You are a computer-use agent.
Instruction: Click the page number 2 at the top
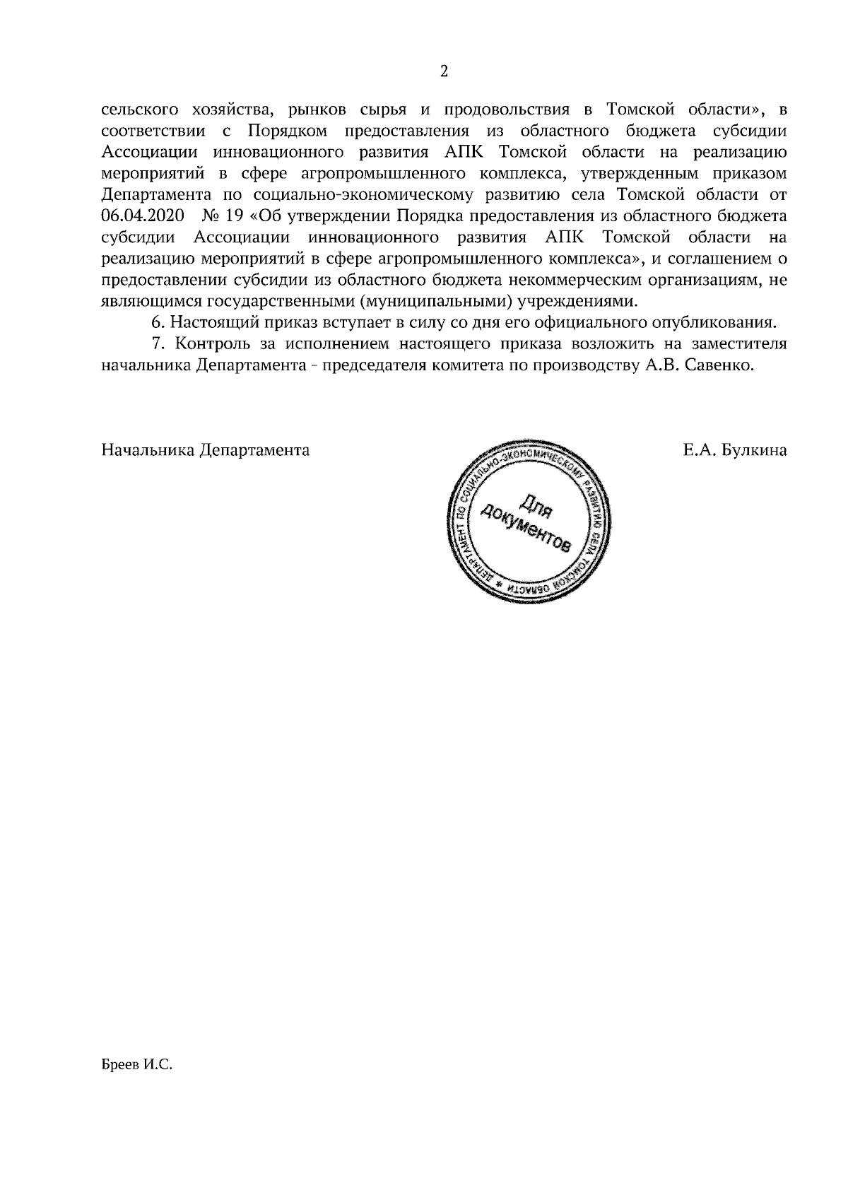[444, 71]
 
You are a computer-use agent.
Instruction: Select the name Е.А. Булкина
[735, 450]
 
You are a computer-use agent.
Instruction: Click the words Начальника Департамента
[206, 450]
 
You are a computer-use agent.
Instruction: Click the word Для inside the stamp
[535, 504]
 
